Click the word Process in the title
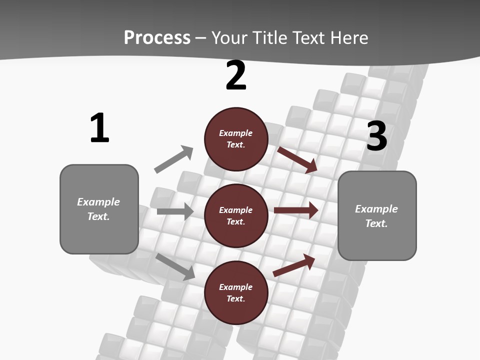click(157, 38)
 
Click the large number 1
click(99, 128)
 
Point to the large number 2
click(236, 75)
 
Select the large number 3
click(376, 136)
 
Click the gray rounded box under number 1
click(99, 209)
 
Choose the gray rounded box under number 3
click(377, 215)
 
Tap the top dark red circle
click(236, 139)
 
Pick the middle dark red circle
click(236, 215)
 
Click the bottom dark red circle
click(236, 292)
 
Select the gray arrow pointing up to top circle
click(174, 159)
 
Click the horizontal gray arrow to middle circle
click(175, 211)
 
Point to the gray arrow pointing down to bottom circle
click(175, 266)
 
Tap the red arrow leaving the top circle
click(297, 159)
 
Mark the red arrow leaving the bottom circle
click(294, 265)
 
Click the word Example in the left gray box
click(98, 202)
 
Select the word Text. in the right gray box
click(376, 223)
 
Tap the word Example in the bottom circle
click(235, 287)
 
